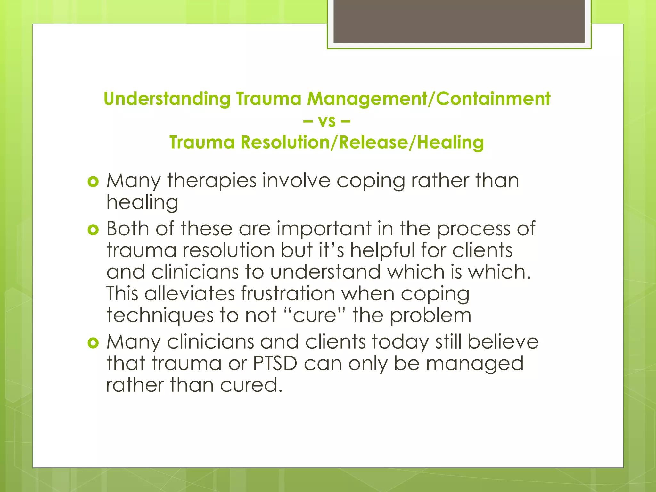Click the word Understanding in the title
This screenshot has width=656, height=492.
tap(167, 99)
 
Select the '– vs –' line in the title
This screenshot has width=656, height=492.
tap(327, 121)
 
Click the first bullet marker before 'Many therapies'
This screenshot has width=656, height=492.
tap(93, 182)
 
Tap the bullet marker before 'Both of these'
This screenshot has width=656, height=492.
tap(93, 230)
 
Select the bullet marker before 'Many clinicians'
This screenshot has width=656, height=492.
tap(93, 343)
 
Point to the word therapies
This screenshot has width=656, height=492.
tap(212, 181)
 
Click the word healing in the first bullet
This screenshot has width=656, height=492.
tap(142, 203)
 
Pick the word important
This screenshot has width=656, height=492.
tap(324, 229)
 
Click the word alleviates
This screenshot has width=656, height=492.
tap(190, 293)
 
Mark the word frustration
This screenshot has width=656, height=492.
tap(288, 293)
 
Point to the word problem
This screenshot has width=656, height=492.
tap(430, 316)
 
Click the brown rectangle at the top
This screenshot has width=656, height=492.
tap(459, 21)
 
